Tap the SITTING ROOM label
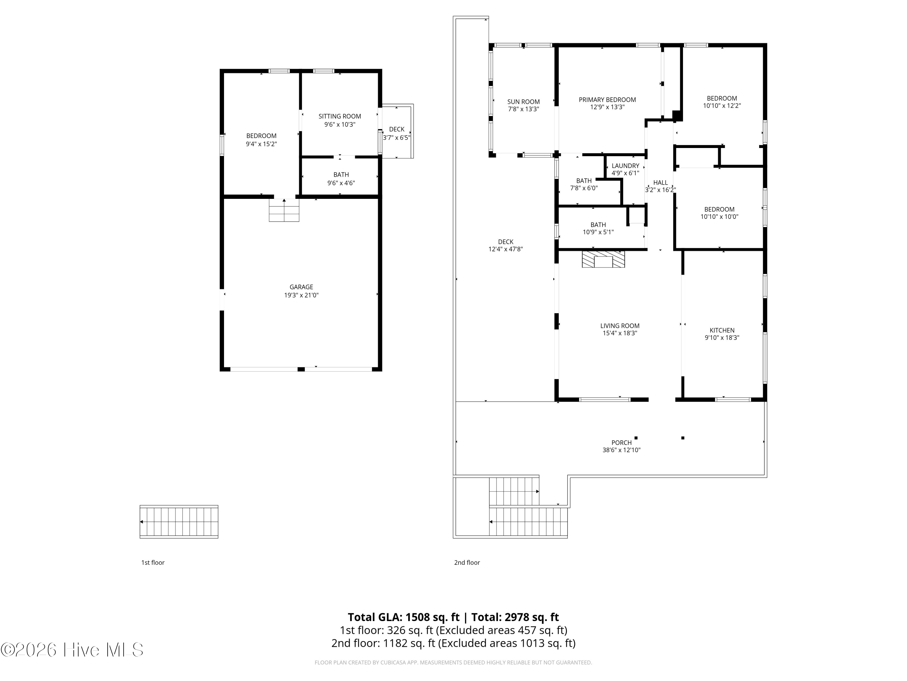[340, 116]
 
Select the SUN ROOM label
[523, 102]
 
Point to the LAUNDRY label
[625, 166]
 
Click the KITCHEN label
[722, 331]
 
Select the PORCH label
[621, 442]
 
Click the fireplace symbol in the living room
[603, 259]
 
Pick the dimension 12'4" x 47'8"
[506, 249]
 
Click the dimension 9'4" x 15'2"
[261, 144]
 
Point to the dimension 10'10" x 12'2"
[722, 106]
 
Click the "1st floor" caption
[153, 562]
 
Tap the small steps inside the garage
[284, 210]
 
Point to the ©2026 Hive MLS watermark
[72, 650]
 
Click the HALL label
[660, 183]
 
